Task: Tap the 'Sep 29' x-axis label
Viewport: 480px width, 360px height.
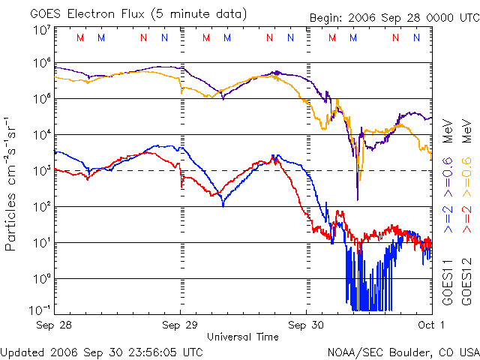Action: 180,325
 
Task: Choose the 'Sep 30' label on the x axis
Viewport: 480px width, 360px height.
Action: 306,325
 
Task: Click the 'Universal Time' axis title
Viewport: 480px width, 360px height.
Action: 242,337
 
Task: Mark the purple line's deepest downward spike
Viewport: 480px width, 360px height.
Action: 357,199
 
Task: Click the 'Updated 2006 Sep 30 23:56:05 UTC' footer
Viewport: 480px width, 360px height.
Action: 101,351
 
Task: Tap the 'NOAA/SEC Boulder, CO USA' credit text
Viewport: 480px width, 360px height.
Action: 403,351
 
